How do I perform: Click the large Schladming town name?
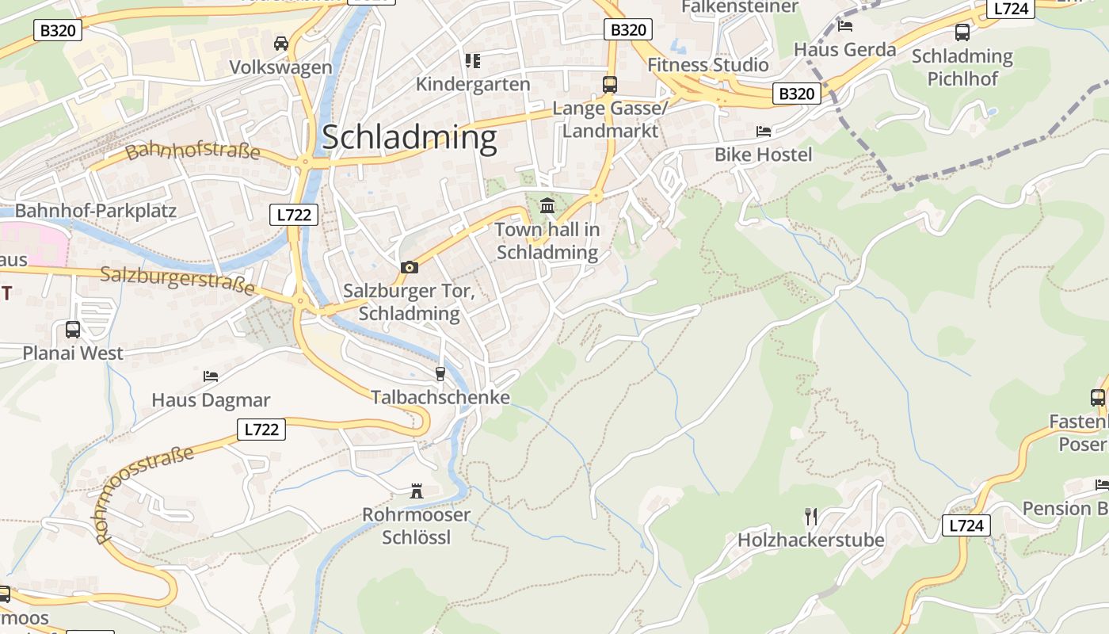tap(409, 137)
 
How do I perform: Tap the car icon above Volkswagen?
tap(280, 43)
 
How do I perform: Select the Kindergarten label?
tap(473, 84)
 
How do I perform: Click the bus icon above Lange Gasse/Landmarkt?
tap(609, 84)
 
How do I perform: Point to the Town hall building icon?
tap(547, 206)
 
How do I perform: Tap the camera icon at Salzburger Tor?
tap(409, 267)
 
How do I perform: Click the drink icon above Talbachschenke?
tap(440, 373)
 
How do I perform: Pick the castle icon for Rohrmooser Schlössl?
tap(417, 491)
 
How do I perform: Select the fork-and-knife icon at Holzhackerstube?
tap(810, 517)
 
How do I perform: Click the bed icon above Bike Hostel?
tap(764, 131)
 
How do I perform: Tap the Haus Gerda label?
tap(844, 49)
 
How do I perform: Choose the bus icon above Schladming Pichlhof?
tap(962, 32)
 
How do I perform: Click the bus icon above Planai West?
tap(73, 329)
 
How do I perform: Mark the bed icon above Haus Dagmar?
tap(211, 376)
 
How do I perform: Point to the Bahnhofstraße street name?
tap(192, 150)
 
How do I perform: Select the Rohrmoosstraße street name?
tap(143, 495)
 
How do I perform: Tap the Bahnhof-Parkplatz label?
tap(95, 211)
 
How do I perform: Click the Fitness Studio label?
tap(708, 65)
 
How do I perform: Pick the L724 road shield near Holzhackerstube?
tap(966, 525)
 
